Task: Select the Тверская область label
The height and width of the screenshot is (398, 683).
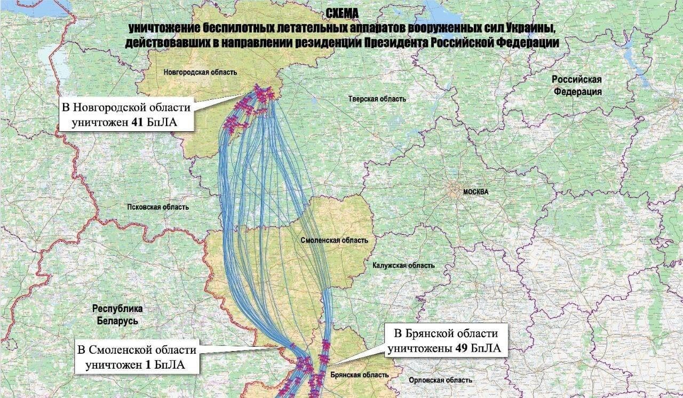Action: [x=377, y=99]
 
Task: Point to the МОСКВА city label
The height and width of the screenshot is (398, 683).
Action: [x=475, y=192]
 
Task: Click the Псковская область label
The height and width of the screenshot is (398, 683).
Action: [x=158, y=207]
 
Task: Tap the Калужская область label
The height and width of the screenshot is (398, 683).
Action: [x=403, y=265]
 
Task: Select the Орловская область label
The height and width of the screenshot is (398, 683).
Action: [x=440, y=380]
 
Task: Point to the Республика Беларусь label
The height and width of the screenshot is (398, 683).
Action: [x=117, y=315]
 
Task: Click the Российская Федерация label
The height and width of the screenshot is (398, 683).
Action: [x=577, y=85]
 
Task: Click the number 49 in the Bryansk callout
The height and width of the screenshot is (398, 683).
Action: [x=462, y=349]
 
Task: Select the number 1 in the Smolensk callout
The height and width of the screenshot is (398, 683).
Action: [x=147, y=365]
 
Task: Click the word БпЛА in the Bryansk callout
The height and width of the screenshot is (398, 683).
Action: [x=486, y=349]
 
